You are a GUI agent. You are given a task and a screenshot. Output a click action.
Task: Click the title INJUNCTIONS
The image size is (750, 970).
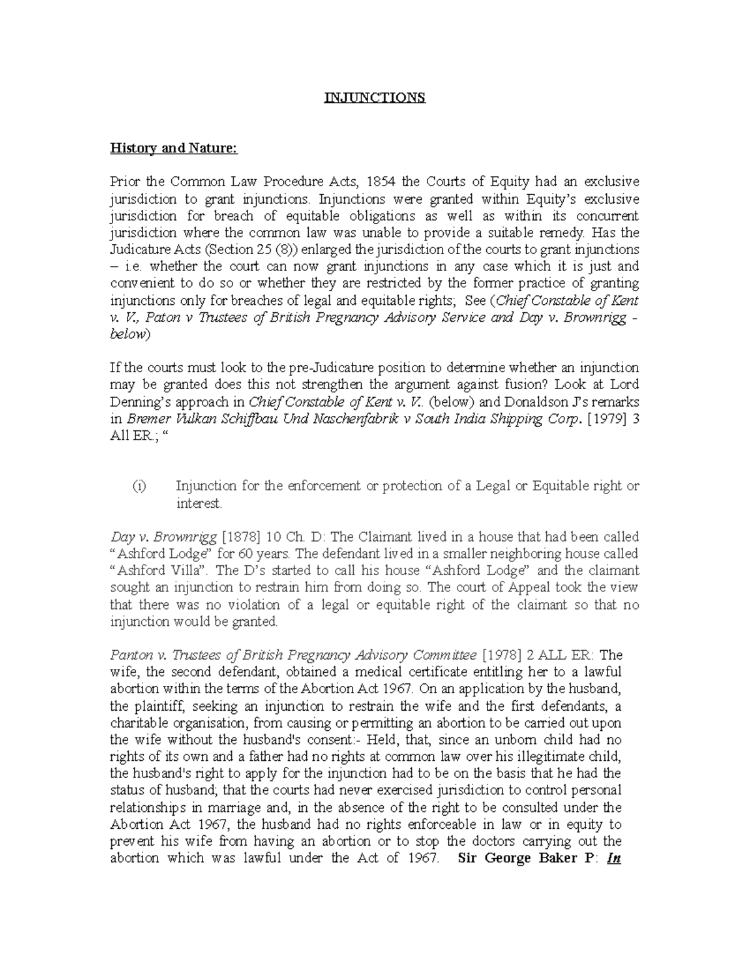point(374,98)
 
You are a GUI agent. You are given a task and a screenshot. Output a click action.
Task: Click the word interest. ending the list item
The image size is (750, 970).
point(199,503)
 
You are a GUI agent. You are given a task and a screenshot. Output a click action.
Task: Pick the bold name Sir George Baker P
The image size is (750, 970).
point(527,858)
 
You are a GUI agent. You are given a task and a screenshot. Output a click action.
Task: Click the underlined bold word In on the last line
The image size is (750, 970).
point(614,858)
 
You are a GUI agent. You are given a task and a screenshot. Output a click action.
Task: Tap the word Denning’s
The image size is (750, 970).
point(142,402)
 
